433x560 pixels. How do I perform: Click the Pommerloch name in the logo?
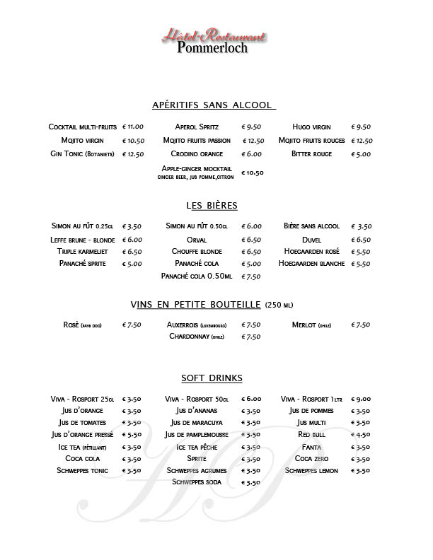[x=215, y=48]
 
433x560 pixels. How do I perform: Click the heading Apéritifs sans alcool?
[x=213, y=105]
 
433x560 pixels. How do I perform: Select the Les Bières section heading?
[x=212, y=206]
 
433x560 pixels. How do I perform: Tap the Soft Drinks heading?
[x=212, y=378]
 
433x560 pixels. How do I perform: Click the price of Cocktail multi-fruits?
[x=133, y=127]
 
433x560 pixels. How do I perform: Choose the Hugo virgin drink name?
[x=311, y=127]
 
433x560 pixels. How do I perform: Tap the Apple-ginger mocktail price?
[x=253, y=172]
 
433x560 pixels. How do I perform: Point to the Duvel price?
[x=361, y=240]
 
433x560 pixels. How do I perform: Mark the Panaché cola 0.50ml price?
[x=252, y=276]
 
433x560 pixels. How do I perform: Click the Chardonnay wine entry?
[x=197, y=337]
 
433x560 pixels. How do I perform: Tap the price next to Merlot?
[x=361, y=325]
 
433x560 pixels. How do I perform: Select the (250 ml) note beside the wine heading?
[x=279, y=305]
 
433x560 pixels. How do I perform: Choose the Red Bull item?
[x=311, y=434]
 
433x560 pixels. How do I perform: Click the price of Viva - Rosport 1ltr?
[x=361, y=399]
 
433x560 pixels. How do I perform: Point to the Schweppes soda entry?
[x=197, y=482]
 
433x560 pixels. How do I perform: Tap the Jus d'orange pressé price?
[x=132, y=434]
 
